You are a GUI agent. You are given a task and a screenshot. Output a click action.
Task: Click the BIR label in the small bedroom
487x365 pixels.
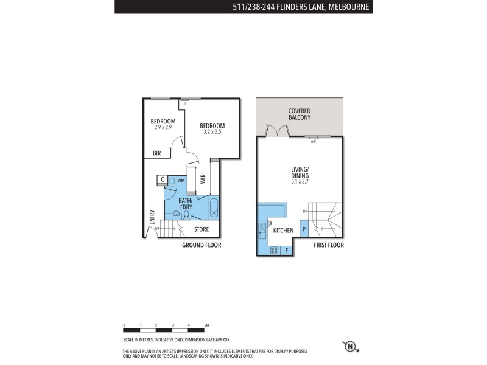156,153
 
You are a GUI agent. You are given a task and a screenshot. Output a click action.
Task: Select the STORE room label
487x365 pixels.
201,229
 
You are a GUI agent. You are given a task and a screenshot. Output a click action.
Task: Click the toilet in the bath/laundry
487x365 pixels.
186,214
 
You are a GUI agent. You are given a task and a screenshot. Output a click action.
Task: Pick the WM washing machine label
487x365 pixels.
181,180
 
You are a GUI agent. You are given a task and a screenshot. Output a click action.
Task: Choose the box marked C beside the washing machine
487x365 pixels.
163,179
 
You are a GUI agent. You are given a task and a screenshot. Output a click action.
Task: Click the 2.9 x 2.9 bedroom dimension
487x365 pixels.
163,127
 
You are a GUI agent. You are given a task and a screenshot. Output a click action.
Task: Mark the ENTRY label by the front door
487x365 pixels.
152,217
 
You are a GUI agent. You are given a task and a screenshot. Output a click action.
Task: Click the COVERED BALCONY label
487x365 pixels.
300,114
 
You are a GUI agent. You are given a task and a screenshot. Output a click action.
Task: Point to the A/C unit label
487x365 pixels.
314,141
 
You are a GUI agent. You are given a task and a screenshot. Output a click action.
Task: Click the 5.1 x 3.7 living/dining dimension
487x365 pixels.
300,181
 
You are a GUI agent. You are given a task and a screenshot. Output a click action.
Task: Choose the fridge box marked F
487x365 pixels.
286,249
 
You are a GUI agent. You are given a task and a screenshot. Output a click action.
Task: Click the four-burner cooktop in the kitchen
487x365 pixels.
273,249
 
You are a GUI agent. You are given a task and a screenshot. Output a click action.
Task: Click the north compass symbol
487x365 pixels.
351,347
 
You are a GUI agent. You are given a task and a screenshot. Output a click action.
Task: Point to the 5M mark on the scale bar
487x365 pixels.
206,326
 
